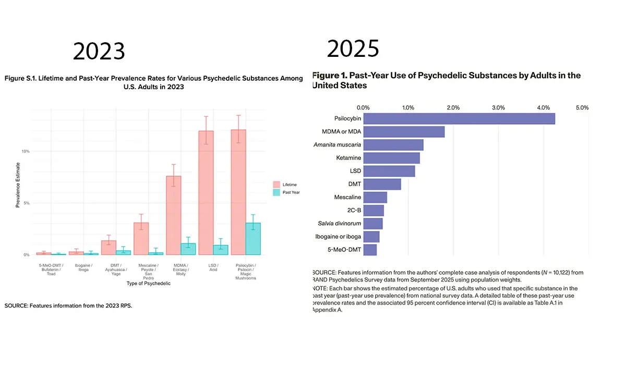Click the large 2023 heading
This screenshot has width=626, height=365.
coord(99,51)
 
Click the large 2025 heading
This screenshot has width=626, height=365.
coord(353,48)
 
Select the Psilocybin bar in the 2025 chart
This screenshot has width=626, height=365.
coord(459,118)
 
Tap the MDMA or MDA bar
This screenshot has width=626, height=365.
coord(404,131)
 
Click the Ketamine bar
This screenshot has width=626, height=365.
coord(391,157)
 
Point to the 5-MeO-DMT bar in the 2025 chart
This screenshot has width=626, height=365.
coord(370,250)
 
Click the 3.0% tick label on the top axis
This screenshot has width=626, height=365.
coord(498,107)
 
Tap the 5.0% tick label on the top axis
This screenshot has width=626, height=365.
coord(582,107)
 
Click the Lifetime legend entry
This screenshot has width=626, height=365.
coord(288,184)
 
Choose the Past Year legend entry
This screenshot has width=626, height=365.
coord(291,192)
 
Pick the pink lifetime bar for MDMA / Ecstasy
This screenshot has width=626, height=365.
coord(173,215)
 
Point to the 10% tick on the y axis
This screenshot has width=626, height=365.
coord(26,151)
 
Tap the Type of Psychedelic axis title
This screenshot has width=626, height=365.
coord(149,284)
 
